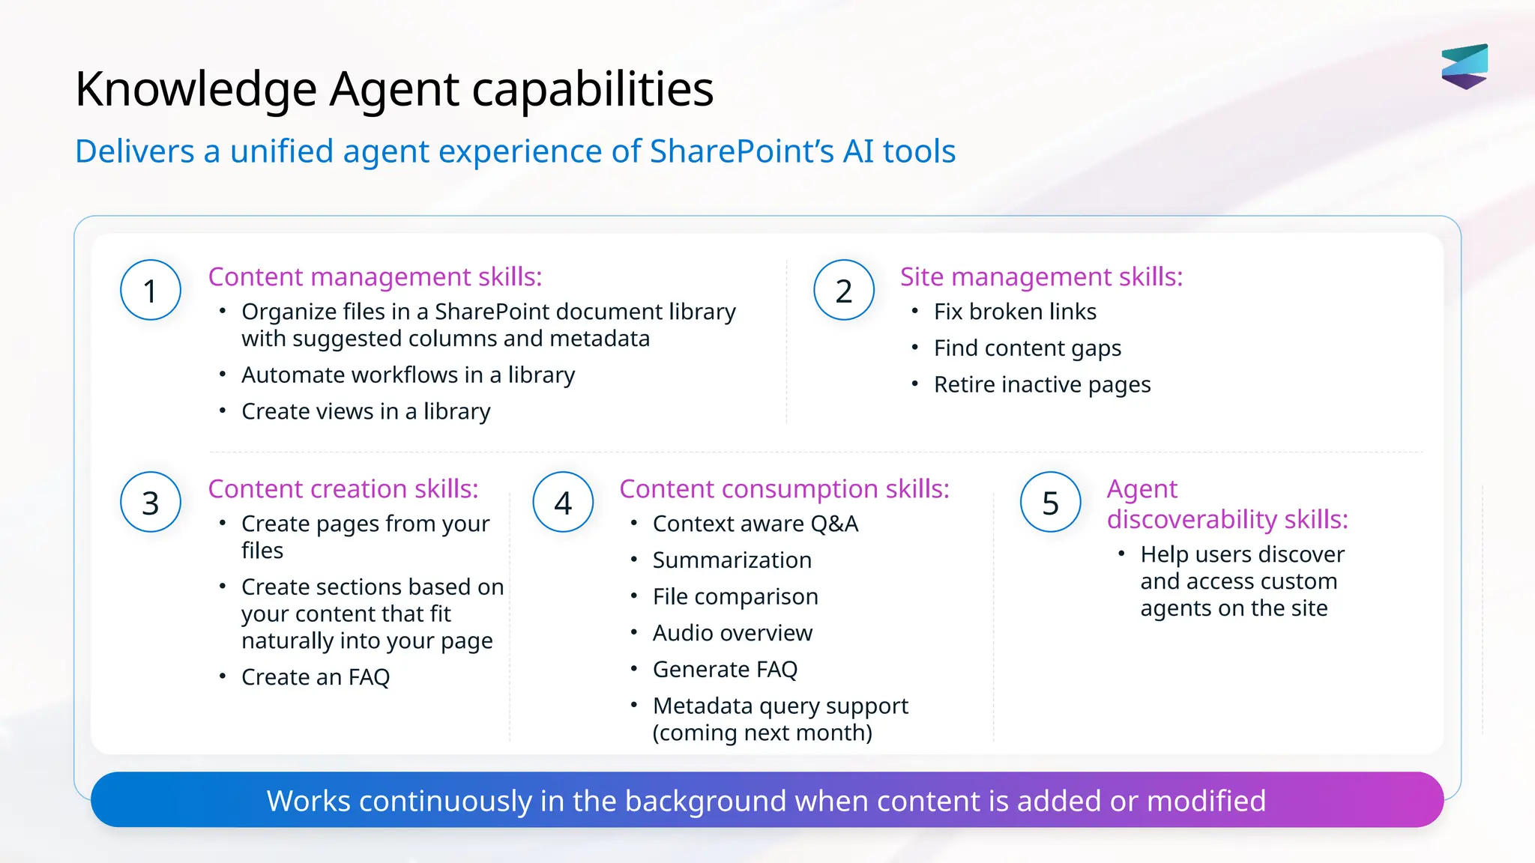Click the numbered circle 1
pos(151,291)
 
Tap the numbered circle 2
pos(844,291)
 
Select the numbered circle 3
pos(151,503)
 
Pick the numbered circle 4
pos(563,503)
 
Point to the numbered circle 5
pos(1051,503)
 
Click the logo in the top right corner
pos(1465,66)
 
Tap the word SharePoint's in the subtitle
pos(741,151)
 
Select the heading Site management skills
pos(1041,277)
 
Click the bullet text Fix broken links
pos(1015,312)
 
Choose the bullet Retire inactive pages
pos(1042,385)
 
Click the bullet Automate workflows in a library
pos(408,375)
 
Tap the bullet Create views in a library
pos(366,412)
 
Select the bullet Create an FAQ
pos(316,677)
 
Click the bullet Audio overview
pos(732,633)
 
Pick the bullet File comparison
pos(735,597)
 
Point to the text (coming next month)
pos(762,733)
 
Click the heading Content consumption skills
pos(784,489)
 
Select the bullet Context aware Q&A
pos(756,524)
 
